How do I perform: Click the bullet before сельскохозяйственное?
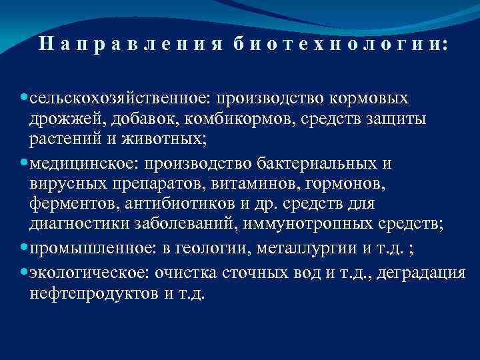(x=24, y=97)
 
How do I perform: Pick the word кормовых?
(x=367, y=99)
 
